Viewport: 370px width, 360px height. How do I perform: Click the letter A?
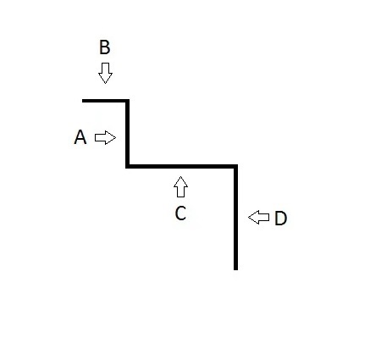click(80, 137)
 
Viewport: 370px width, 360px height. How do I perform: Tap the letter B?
click(105, 47)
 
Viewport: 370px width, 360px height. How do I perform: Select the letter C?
click(180, 213)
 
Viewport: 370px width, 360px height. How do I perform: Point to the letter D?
click(280, 219)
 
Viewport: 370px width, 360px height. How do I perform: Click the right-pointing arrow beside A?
click(105, 138)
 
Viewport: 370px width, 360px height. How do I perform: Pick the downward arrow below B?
click(105, 73)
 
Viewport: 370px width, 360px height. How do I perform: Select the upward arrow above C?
click(180, 186)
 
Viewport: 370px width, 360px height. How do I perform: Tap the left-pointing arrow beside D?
click(258, 218)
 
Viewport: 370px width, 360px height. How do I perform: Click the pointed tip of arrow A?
click(116, 138)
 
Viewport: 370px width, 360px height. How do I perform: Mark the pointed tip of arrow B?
click(105, 84)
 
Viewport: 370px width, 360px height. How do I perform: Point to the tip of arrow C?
click(180, 176)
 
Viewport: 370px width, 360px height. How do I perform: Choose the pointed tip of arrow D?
click(248, 218)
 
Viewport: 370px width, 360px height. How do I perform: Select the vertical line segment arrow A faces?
click(128, 134)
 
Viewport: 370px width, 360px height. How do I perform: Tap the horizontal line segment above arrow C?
click(181, 166)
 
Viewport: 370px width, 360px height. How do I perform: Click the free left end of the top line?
click(82, 101)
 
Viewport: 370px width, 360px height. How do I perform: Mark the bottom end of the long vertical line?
click(235, 270)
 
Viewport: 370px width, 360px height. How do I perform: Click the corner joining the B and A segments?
click(128, 101)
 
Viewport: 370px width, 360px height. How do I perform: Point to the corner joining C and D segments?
click(235, 166)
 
